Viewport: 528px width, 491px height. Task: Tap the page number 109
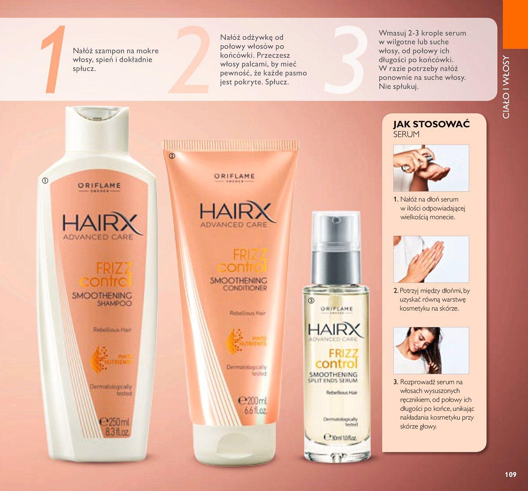(510, 474)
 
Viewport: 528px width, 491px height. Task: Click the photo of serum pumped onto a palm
(431, 168)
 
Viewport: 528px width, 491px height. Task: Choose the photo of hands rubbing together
(431, 259)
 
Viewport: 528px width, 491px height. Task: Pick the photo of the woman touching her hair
(431, 350)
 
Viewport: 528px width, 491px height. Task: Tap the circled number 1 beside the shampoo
(45, 180)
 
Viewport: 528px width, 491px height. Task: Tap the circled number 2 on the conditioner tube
(172, 156)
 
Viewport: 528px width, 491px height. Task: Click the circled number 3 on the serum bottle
(311, 301)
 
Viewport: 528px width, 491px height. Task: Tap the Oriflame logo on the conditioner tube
(234, 177)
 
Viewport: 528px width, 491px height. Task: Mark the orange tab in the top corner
(515, 24)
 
